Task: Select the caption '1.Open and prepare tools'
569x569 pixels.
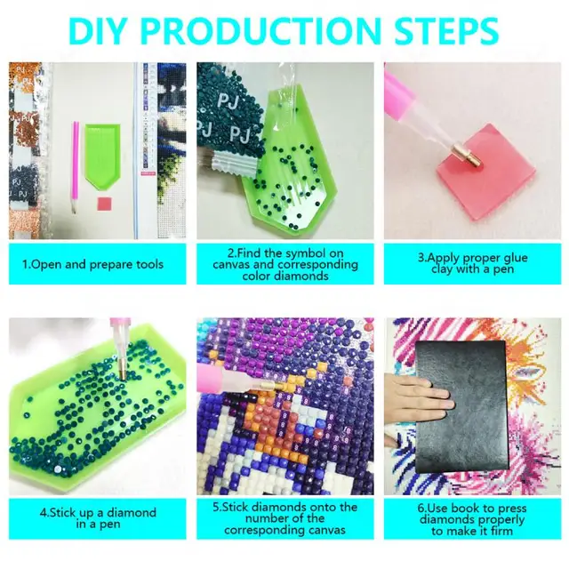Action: pyautogui.click(x=93, y=264)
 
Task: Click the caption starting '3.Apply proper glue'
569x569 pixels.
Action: pyautogui.click(x=465, y=264)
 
